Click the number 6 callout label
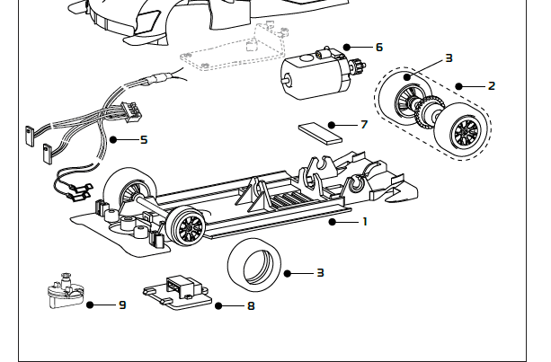tap(378, 47)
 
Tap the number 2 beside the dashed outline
tap(492, 86)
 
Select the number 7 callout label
tap(364, 124)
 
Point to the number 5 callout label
tap(143, 140)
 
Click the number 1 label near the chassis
tap(365, 221)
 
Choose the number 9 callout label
tap(121, 305)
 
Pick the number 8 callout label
tap(251, 306)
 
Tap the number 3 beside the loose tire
tap(320, 272)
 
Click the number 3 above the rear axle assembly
tap(449, 58)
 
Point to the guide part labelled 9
tap(63, 293)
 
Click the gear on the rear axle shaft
tap(423, 110)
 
